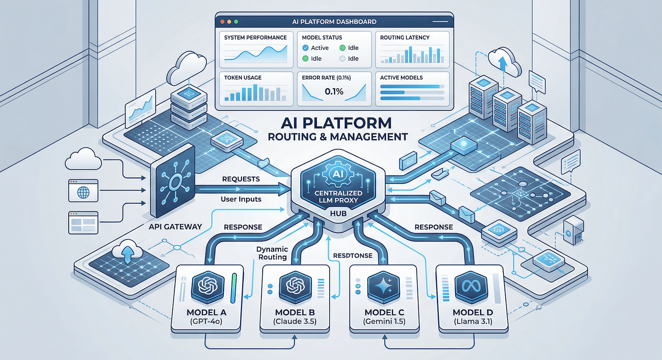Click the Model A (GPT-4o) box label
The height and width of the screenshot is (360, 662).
(207, 317)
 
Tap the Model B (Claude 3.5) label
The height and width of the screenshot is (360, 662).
(295, 317)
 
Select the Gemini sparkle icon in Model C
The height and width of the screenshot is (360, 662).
(384, 287)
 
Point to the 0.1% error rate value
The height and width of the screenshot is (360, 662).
(334, 91)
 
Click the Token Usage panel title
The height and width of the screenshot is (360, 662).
(243, 78)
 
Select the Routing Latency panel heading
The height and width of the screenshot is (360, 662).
(404, 37)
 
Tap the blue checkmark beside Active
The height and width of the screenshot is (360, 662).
(305, 48)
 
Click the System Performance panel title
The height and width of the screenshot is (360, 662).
(255, 37)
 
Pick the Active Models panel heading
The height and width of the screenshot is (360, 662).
(401, 78)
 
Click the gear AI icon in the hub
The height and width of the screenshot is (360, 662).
(338, 174)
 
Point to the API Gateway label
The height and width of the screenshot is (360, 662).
(175, 227)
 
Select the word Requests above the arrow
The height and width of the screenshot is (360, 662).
(241, 179)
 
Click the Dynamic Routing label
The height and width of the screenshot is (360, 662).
(272, 253)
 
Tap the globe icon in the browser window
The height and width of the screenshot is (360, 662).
(84, 193)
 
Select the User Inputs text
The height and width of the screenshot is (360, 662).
(241, 199)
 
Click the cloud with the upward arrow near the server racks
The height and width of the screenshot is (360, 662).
(504, 62)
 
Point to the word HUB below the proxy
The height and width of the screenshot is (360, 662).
(338, 214)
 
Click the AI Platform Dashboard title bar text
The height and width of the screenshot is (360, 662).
(334, 22)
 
